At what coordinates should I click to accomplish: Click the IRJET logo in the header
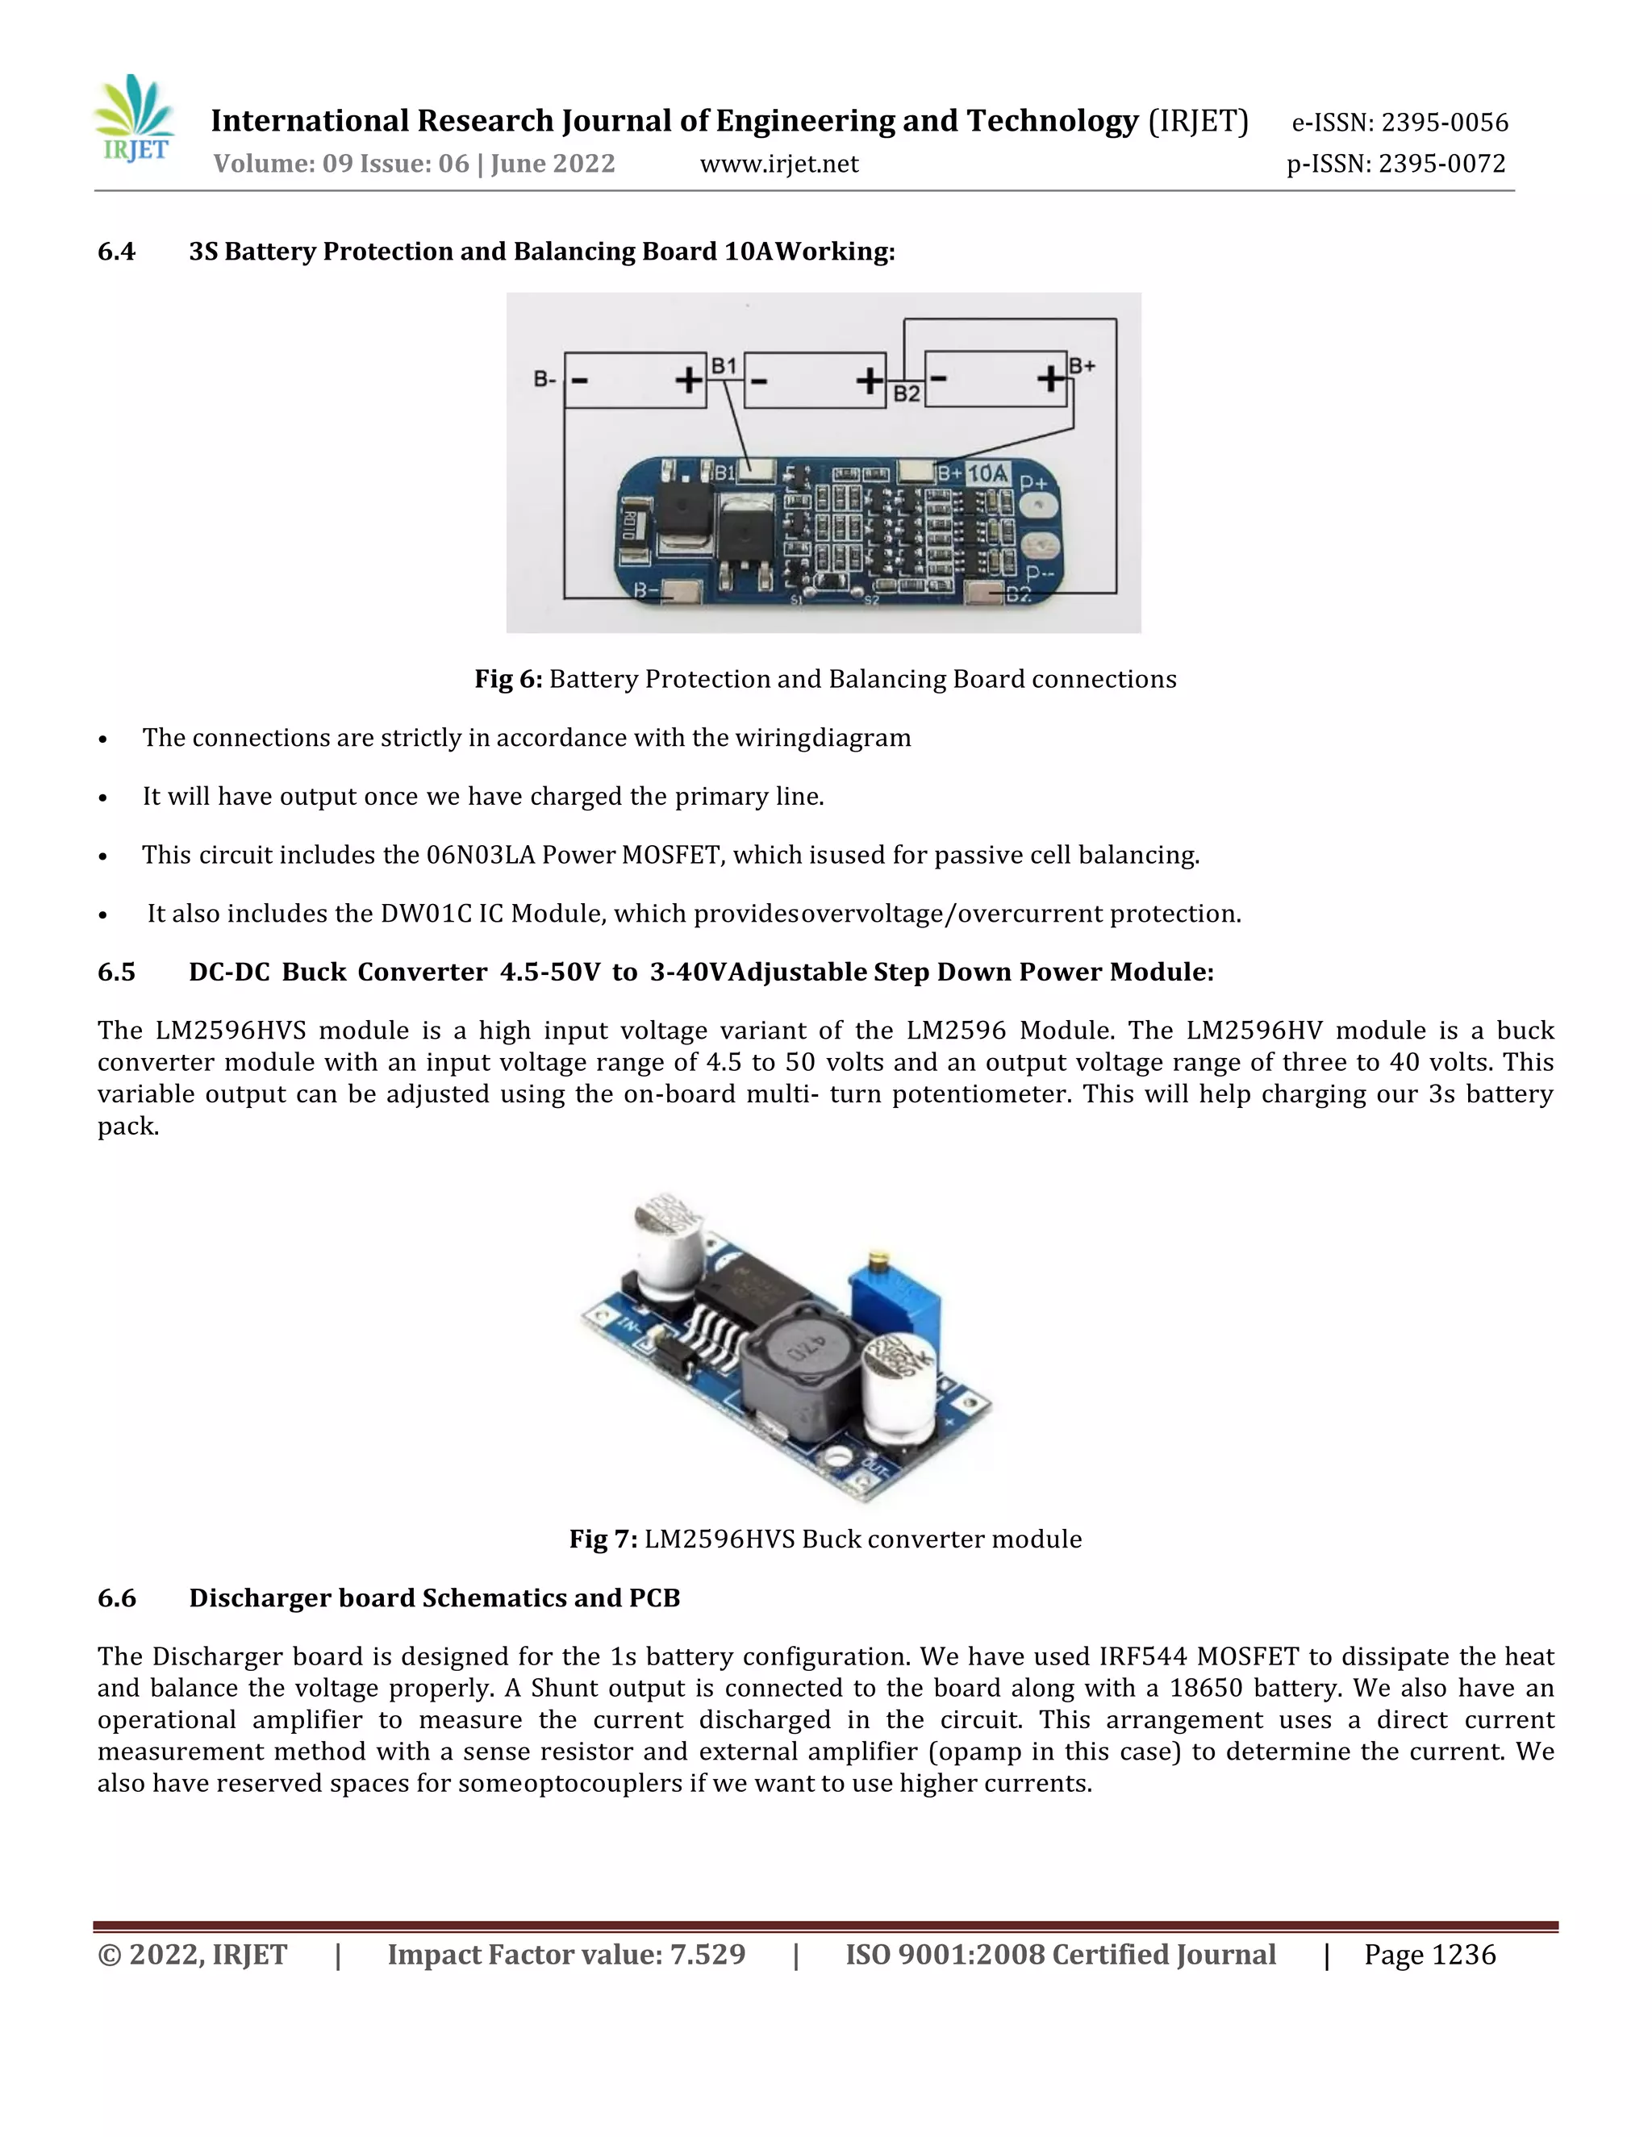click(135, 119)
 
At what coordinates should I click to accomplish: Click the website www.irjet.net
click(779, 165)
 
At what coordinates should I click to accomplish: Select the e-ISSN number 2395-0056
click(1445, 123)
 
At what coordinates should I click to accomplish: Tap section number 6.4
click(116, 252)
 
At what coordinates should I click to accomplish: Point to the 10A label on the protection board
click(987, 473)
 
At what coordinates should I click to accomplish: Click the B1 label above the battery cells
click(724, 366)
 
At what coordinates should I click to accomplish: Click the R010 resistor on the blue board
click(632, 527)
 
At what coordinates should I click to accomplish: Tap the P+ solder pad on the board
click(1038, 505)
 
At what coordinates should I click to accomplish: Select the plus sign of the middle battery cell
click(868, 380)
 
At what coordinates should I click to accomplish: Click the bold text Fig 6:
click(508, 679)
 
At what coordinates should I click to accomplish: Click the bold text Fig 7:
click(603, 1539)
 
